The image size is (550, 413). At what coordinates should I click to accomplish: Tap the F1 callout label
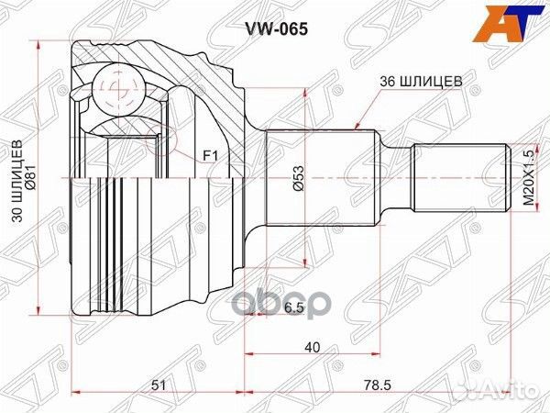(x=209, y=159)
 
